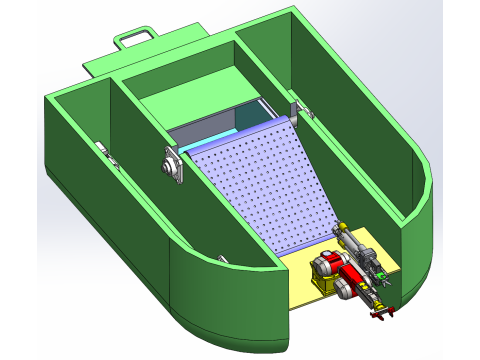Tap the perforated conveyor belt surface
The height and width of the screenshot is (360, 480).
click(266, 186)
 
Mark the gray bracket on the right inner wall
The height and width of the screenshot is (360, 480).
click(297, 110)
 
